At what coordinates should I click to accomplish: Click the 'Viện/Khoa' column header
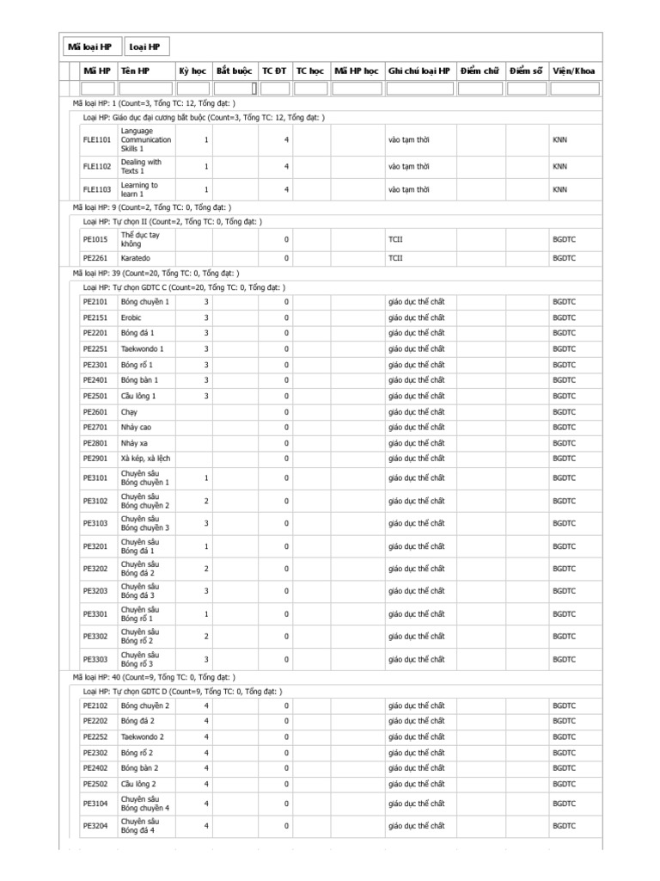coord(574,71)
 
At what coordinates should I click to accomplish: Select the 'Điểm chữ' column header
coord(479,71)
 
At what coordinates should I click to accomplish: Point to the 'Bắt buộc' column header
coord(234,71)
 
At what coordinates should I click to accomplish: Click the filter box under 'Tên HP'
coord(145,88)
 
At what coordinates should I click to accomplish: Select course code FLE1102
coord(96,166)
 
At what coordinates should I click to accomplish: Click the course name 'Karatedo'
coord(137,257)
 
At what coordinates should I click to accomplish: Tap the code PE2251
coord(95,348)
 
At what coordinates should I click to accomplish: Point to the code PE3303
coord(95,659)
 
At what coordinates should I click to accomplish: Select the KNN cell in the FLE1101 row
coord(559,139)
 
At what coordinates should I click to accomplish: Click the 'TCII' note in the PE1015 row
coord(395,238)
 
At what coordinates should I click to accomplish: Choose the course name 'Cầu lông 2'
coord(139,784)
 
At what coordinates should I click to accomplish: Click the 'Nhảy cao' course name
coord(137,427)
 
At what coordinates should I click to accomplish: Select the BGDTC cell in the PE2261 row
coord(564,257)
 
